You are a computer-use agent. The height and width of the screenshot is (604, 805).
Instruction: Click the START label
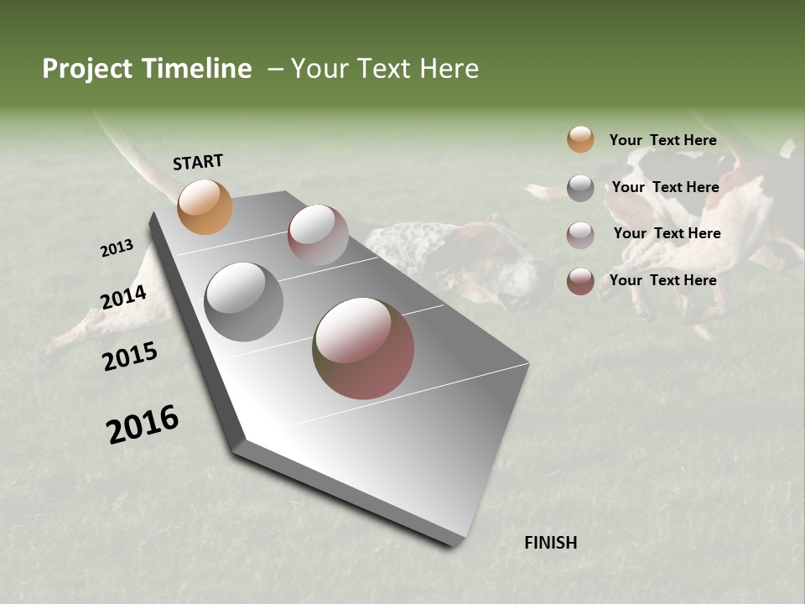click(198, 162)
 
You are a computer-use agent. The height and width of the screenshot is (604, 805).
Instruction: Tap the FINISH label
click(550, 543)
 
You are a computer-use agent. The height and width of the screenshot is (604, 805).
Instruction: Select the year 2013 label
click(117, 248)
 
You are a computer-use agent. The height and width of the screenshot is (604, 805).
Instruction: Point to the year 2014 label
click(124, 298)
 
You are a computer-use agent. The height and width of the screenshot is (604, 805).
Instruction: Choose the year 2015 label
click(130, 357)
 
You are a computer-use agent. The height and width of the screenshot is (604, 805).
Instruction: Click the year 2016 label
click(143, 424)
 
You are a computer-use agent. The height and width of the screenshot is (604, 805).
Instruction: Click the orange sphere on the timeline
click(205, 206)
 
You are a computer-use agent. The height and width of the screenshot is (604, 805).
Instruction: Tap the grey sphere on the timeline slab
click(244, 302)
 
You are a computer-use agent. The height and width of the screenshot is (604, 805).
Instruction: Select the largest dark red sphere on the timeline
click(363, 348)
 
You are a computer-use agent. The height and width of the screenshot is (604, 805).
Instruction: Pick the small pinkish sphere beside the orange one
click(318, 235)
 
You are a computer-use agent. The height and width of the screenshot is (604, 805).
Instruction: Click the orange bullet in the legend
click(580, 139)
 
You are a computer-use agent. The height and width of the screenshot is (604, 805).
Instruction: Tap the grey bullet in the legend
click(580, 188)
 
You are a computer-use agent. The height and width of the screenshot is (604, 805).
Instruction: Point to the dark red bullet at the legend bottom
click(580, 281)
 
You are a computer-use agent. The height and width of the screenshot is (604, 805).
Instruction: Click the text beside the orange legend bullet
click(662, 140)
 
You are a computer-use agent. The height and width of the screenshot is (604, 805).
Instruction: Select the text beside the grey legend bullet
click(665, 187)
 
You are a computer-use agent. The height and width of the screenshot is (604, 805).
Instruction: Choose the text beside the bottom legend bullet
click(662, 280)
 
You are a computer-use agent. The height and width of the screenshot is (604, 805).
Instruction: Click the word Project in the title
click(88, 69)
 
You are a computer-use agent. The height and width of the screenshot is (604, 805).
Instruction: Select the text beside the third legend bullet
click(667, 233)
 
